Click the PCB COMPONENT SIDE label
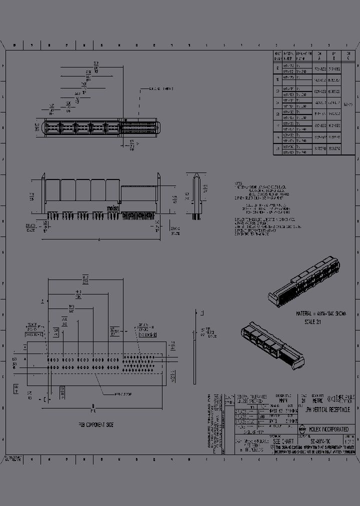[x=95, y=424]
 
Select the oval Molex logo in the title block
[x=301, y=429]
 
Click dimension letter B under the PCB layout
[x=93, y=405]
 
